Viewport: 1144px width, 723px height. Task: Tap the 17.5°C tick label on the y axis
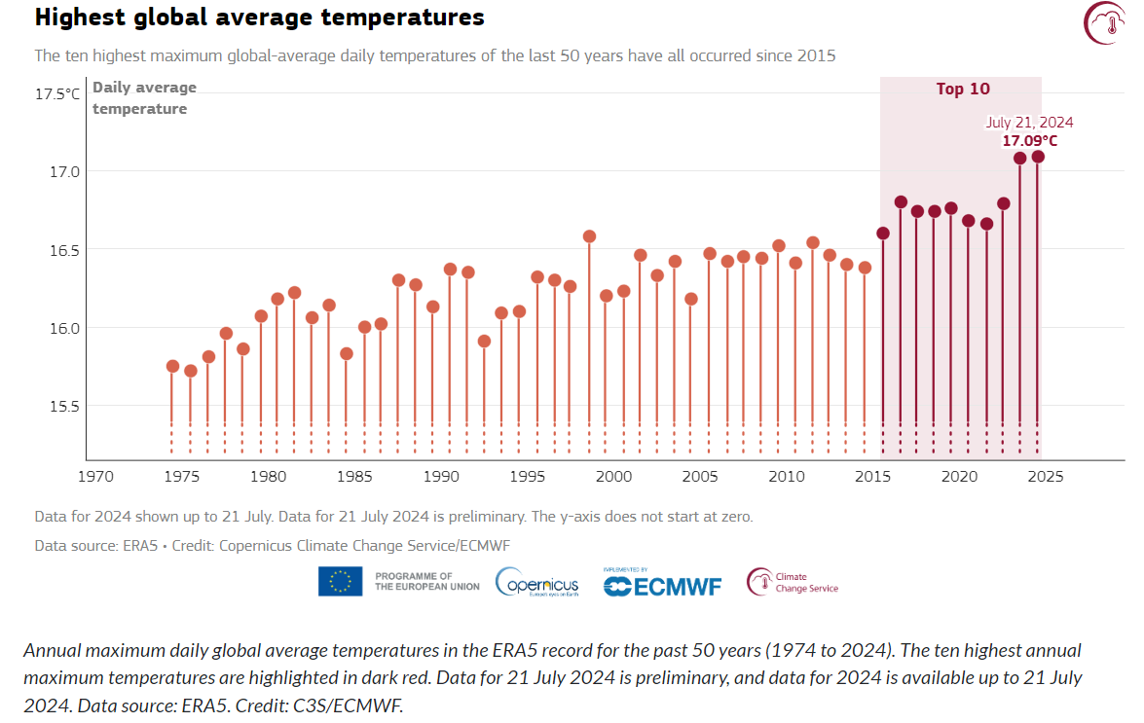(57, 94)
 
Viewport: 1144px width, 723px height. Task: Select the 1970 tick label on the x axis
(95, 477)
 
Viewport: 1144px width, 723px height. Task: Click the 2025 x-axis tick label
(1046, 477)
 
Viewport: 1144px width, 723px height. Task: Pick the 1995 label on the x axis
(527, 477)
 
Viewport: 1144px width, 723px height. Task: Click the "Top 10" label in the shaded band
(963, 90)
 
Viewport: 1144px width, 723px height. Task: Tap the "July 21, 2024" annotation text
(1029, 123)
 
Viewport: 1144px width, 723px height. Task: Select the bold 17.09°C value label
(1030, 141)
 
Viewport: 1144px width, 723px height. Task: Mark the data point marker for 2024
(1038, 157)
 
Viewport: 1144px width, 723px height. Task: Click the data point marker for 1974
(172, 366)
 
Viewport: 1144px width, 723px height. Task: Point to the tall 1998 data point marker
(589, 236)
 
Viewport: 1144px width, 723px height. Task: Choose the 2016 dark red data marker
(901, 202)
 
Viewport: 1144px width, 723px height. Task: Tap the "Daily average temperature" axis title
(144, 98)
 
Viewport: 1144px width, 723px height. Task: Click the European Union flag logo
(340, 581)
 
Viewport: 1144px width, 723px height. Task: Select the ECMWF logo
(662, 585)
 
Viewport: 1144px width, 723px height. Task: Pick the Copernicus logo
(537, 583)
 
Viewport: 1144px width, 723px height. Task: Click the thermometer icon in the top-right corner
(1104, 22)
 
